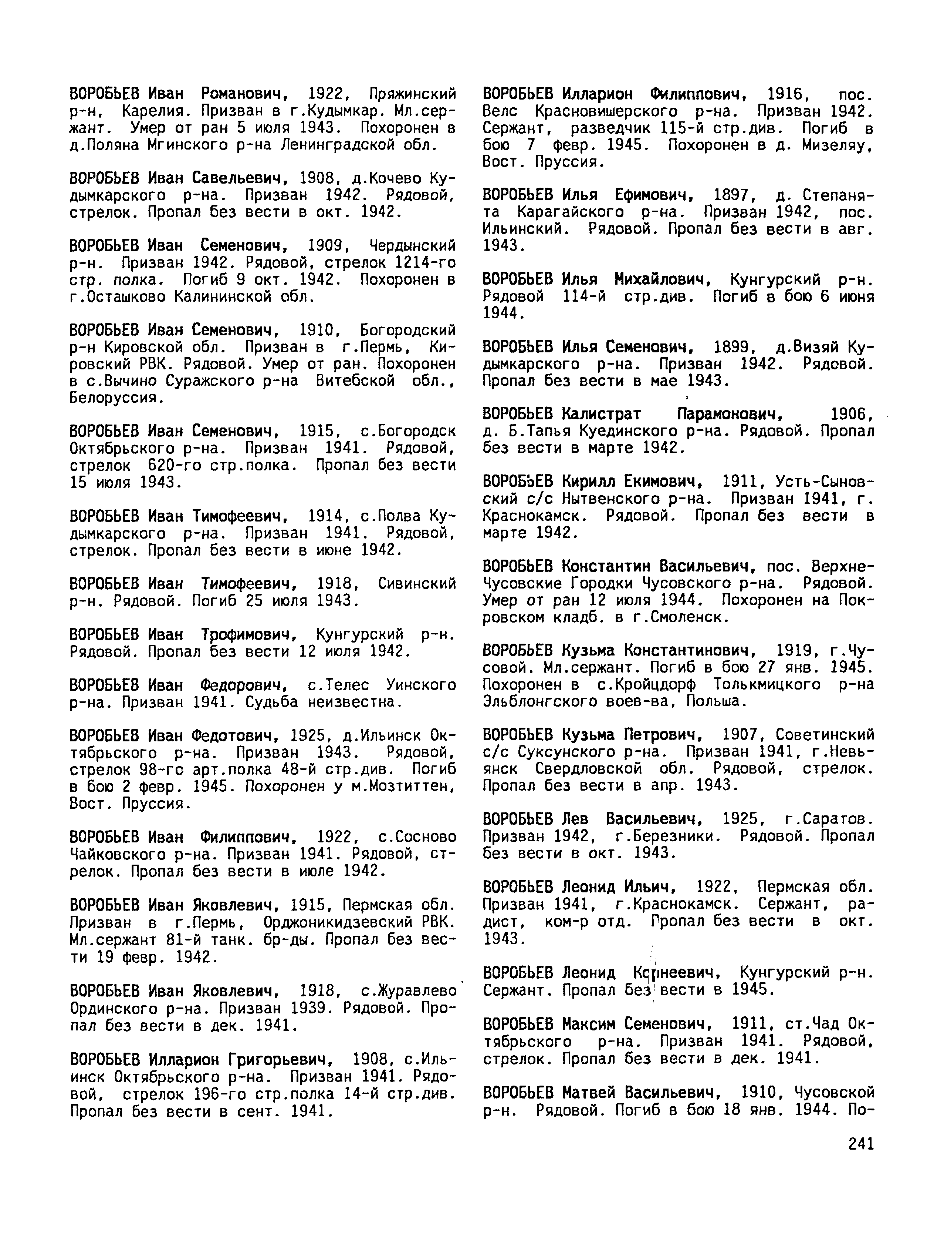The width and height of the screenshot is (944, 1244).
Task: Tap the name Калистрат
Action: (x=601, y=415)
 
